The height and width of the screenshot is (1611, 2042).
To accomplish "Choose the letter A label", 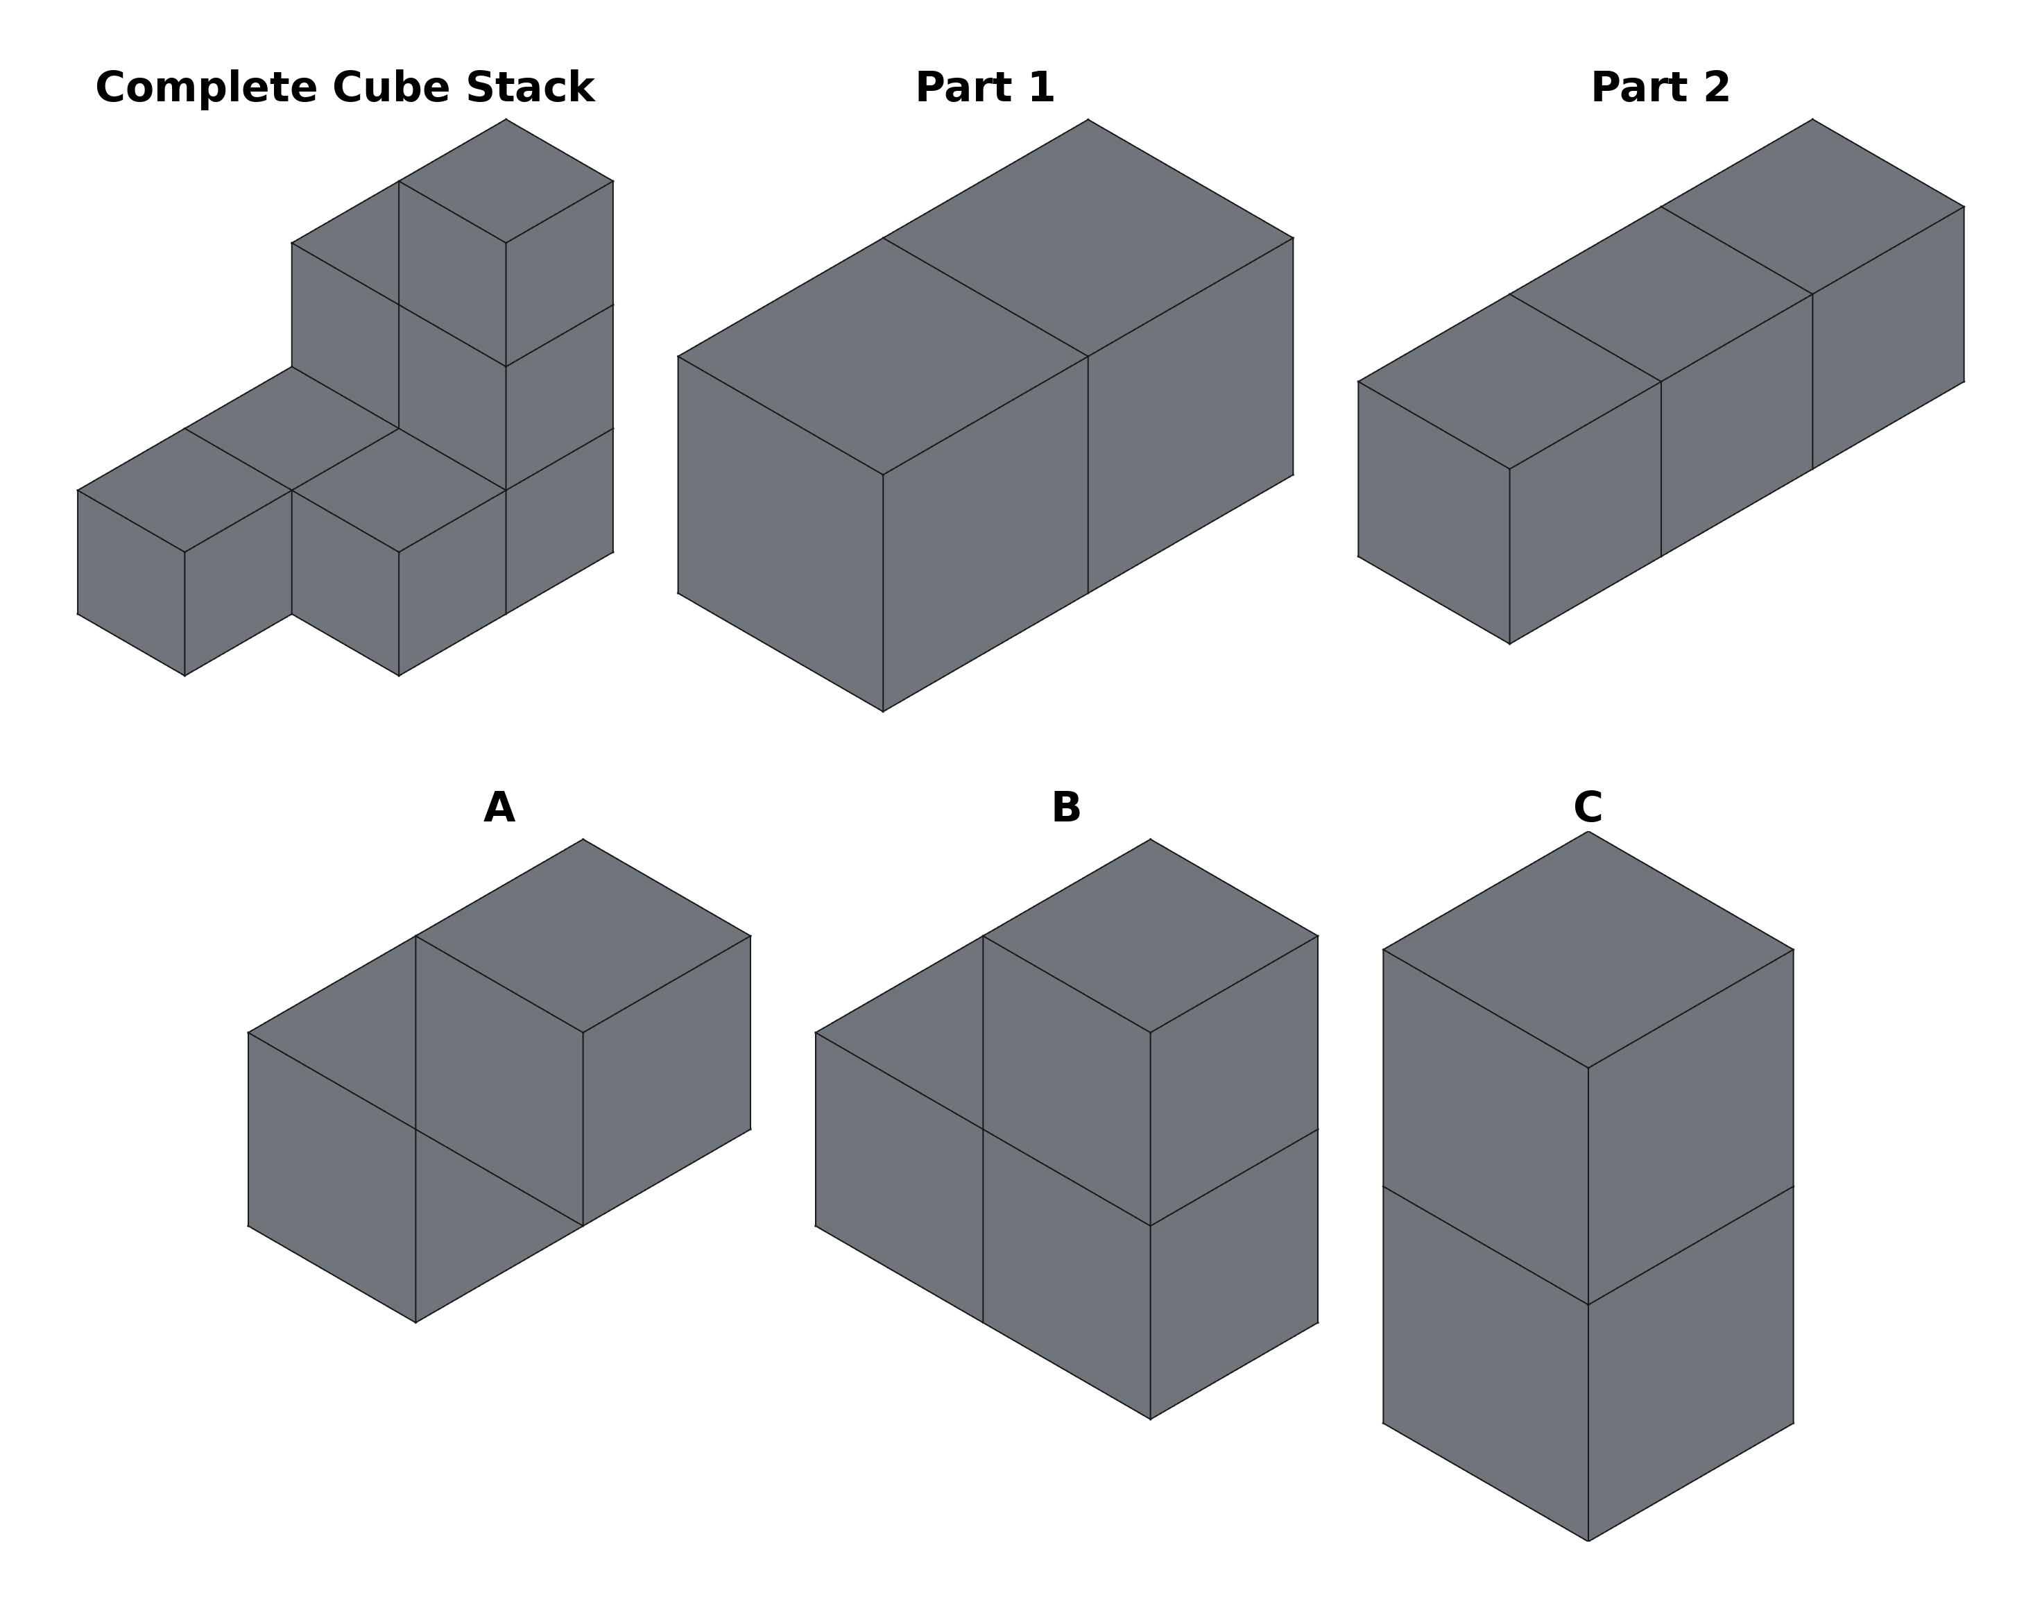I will tap(499, 808).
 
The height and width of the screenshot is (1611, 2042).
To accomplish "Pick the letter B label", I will tap(1065, 808).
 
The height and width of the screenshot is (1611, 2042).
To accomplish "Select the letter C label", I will tap(1588, 808).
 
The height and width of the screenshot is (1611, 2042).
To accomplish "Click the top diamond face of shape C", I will tap(1588, 949).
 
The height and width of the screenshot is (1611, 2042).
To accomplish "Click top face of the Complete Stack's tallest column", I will tap(506, 181).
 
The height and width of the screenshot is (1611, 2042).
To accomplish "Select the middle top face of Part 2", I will tap(1661, 294).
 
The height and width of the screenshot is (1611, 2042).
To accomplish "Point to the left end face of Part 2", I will tap(1433, 512).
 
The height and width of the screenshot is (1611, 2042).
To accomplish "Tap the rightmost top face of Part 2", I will tap(1812, 207).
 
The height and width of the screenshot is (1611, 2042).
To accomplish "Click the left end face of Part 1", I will tap(780, 534).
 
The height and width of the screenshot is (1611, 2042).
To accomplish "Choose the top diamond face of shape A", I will tap(583, 936).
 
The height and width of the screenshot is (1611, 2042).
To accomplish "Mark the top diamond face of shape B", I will tap(1150, 936).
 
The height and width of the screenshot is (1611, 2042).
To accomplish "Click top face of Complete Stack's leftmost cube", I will tap(185, 491).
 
